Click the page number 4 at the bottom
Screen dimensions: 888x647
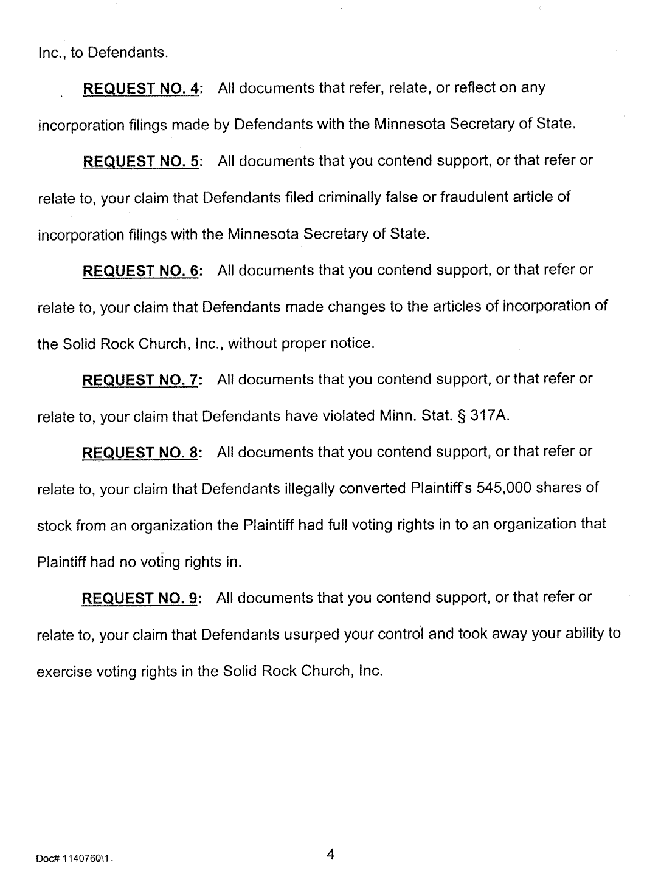tap(331, 855)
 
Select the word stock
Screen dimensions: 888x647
tap(55, 525)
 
